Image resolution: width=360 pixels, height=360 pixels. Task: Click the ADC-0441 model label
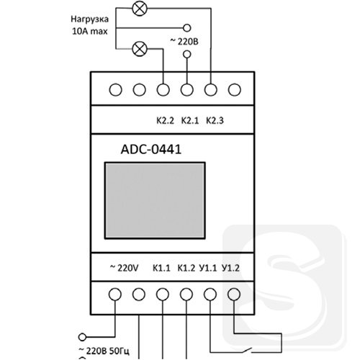click(x=151, y=149)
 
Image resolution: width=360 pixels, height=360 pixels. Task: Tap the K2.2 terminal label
click(x=165, y=120)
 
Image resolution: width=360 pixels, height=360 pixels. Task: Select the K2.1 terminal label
click(x=190, y=120)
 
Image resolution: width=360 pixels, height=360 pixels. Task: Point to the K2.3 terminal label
click(x=215, y=120)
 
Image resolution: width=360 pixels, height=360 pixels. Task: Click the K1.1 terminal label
click(x=161, y=268)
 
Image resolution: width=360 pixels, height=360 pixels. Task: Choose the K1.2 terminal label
click(x=186, y=268)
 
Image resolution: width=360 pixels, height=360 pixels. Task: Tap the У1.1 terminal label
click(x=208, y=268)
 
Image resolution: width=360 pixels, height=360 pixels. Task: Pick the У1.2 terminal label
click(x=231, y=268)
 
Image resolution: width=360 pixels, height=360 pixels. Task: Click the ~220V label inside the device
click(x=124, y=268)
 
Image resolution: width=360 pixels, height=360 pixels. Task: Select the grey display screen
click(x=155, y=201)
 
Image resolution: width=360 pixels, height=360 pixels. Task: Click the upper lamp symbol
click(x=140, y=9)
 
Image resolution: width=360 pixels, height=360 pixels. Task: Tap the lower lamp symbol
click(x=140, y=49)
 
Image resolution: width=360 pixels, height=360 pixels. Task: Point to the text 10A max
click(x=90, y=31)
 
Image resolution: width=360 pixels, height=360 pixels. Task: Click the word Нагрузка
click(x=89, y=19)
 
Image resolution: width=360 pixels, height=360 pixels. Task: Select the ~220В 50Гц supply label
click(x=104, y=351)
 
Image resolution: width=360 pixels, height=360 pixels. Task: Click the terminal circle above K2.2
click(x=163, y=90)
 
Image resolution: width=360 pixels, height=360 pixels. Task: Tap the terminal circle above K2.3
click(x=211, y=90)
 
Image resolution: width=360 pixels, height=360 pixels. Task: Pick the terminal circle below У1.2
click(x=234, y=294)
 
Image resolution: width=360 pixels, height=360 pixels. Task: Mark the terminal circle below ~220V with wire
click(x=115, y=294)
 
